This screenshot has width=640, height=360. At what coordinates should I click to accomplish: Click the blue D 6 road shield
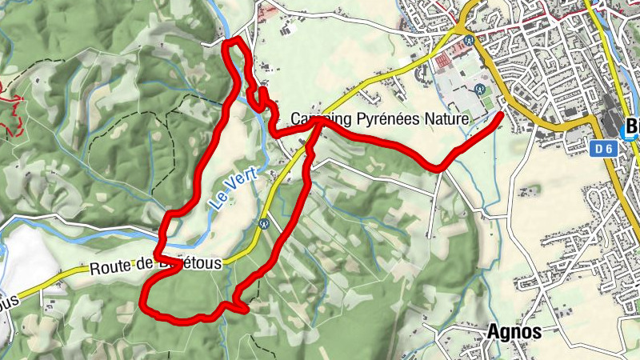[x=604, y=148]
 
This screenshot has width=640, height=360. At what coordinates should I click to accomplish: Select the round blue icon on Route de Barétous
[x=262, y=225]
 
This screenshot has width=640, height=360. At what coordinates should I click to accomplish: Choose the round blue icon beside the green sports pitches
[x=479, y=89]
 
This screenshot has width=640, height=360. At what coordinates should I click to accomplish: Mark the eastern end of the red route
[x=502, y=115]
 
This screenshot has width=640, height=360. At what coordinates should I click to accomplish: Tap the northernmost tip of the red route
[x=233, y=40]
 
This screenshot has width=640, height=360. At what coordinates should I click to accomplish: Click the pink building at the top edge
[x=270, y=10]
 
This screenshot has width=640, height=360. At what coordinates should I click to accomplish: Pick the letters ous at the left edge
[x=8, y=302]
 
